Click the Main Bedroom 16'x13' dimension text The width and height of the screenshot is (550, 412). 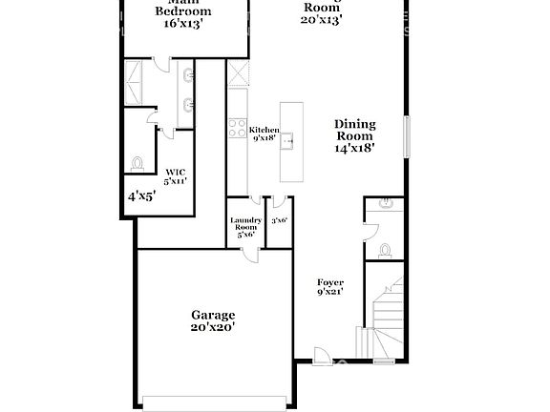click(183, 24)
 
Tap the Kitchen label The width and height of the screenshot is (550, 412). click(264, 130)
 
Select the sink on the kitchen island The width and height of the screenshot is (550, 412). click(287, 141)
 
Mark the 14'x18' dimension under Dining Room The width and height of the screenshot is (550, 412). click(354, 148)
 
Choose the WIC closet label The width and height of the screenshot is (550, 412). click(174, 172)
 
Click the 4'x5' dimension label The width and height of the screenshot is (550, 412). click(141, 196)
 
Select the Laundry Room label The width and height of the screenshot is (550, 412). click(245, 225)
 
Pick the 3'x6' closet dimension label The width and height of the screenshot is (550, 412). click(279, 220)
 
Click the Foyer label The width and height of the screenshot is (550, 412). click(330, 282)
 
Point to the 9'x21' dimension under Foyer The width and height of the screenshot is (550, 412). click(330, 293)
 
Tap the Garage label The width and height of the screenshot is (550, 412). click(212, 315)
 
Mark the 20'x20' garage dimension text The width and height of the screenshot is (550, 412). click(212, 327)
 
